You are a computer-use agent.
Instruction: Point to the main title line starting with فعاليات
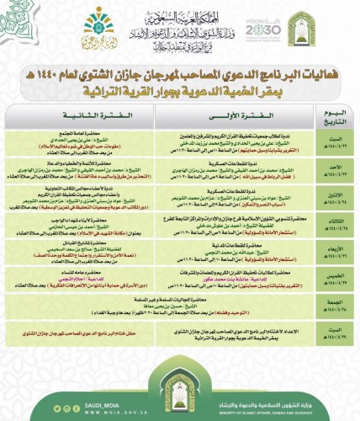[180, 74]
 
